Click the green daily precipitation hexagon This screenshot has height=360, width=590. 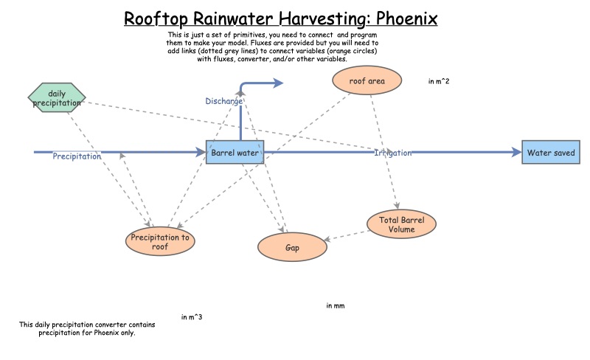tap(57, 98)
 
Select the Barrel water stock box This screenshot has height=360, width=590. tap(235, 153)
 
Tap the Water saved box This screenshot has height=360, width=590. tap(550, 153)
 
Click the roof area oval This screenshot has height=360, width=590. tap(368, 80)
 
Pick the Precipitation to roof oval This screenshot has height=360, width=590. tap(160, 242)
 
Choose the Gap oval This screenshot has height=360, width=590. tap(292, 246)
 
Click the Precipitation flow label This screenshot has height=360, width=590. tap(77, 156)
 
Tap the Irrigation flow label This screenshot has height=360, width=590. tap(393, 153)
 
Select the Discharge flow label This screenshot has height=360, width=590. tap(223, 100)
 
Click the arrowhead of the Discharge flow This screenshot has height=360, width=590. tap(278, 84)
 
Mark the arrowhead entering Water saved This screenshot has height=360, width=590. tap(516, 153)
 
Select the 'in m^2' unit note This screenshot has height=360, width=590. tap(439, 81)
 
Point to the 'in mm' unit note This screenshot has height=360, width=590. tap(336, 305)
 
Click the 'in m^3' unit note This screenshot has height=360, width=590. tap(192, 317)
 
